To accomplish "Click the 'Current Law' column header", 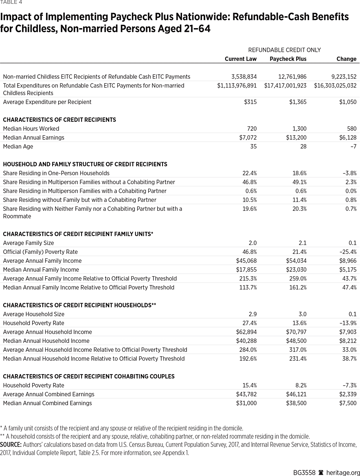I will pos(241,59).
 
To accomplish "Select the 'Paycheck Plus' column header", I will pos(288,59).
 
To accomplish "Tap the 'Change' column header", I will pos(346,59).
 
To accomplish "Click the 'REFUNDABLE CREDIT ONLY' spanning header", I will pos(284,50).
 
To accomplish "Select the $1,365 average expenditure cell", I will pos(299,102).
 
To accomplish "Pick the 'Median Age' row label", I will pos(18,146).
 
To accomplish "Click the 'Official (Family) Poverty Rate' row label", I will pos(40,252).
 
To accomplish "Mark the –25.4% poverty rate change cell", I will pos(347,252).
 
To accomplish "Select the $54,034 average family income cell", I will pos(296,261).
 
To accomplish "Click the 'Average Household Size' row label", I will pos(34,314).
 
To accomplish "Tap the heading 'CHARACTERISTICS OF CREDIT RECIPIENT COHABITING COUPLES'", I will pos(89,377).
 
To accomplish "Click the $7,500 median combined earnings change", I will pos(348,403).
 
